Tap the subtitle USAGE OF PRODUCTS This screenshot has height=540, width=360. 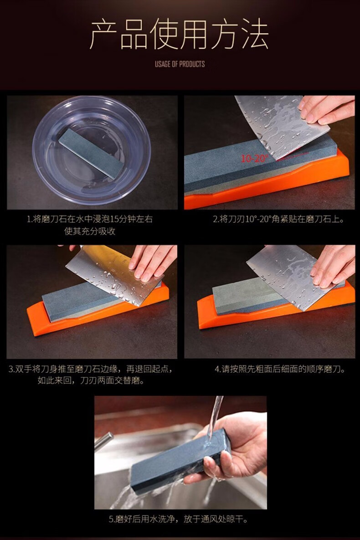click(180, 64)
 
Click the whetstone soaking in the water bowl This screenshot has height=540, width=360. click(91, 153)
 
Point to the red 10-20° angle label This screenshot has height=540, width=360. click(254, 159)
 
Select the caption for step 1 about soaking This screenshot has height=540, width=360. click(90, 225)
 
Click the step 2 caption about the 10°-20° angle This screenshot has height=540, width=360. click(279, 219)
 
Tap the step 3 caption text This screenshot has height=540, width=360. click(90, 375)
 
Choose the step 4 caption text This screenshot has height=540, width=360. click(280, 369)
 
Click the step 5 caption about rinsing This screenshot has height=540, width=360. click(179, 519)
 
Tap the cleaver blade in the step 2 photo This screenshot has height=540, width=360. click(279, 126)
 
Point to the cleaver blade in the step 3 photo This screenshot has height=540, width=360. click(113, 274)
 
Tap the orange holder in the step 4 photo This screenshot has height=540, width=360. click(276, 308)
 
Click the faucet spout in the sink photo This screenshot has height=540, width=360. click(103, 441)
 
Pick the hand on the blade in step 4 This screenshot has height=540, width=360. click(334, 265)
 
